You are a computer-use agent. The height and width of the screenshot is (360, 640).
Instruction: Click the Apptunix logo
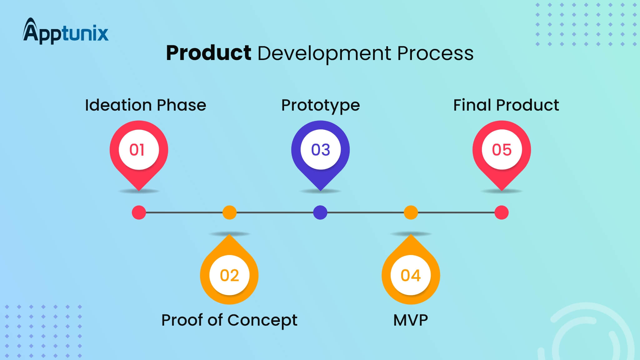66,32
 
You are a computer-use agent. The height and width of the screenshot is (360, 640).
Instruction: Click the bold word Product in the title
208,53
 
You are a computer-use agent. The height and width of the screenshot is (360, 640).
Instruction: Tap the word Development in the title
324,53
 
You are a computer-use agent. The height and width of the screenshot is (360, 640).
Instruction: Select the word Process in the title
435,53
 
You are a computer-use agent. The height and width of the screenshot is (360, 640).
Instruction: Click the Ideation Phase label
146,105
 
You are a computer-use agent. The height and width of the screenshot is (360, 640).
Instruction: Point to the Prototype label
321,105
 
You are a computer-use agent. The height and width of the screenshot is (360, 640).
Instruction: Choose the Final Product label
506,105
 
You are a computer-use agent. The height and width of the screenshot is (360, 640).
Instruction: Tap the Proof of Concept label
229,320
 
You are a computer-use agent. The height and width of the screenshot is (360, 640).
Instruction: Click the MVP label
411,320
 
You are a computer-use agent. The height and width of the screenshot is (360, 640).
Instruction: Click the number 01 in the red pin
137,150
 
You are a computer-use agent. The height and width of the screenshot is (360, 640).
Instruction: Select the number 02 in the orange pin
229,275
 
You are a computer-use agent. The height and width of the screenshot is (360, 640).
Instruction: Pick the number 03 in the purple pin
321,150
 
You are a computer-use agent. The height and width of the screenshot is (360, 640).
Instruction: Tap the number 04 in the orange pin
411,275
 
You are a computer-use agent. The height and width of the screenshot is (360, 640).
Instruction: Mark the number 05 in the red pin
502,150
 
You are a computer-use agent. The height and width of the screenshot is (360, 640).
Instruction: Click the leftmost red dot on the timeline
139,212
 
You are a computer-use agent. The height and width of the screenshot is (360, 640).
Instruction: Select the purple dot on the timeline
320,212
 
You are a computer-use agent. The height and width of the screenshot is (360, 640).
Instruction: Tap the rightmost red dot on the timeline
502,212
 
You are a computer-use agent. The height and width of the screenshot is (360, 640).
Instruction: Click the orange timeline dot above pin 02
229,212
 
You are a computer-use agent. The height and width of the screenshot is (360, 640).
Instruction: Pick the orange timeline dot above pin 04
411,212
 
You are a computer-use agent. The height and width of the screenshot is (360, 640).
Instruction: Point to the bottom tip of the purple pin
321,189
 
